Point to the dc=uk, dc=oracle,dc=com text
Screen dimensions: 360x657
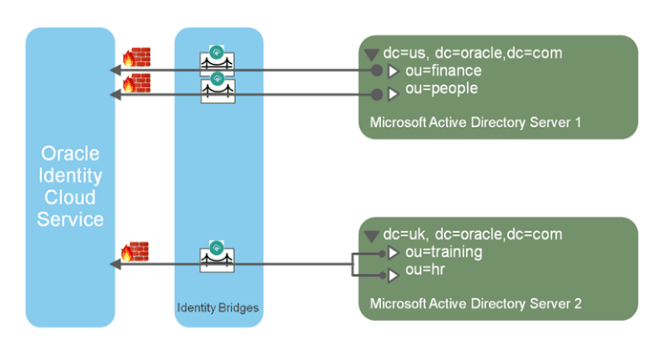pos(459,234)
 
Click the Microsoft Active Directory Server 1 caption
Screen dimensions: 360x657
pos(476,122)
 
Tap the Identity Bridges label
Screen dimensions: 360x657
pos(217,307)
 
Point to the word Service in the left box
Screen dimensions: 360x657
pos(70,220)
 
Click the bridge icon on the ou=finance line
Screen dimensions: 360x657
pos(217,60)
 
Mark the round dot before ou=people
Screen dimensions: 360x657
pos(377,94)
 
